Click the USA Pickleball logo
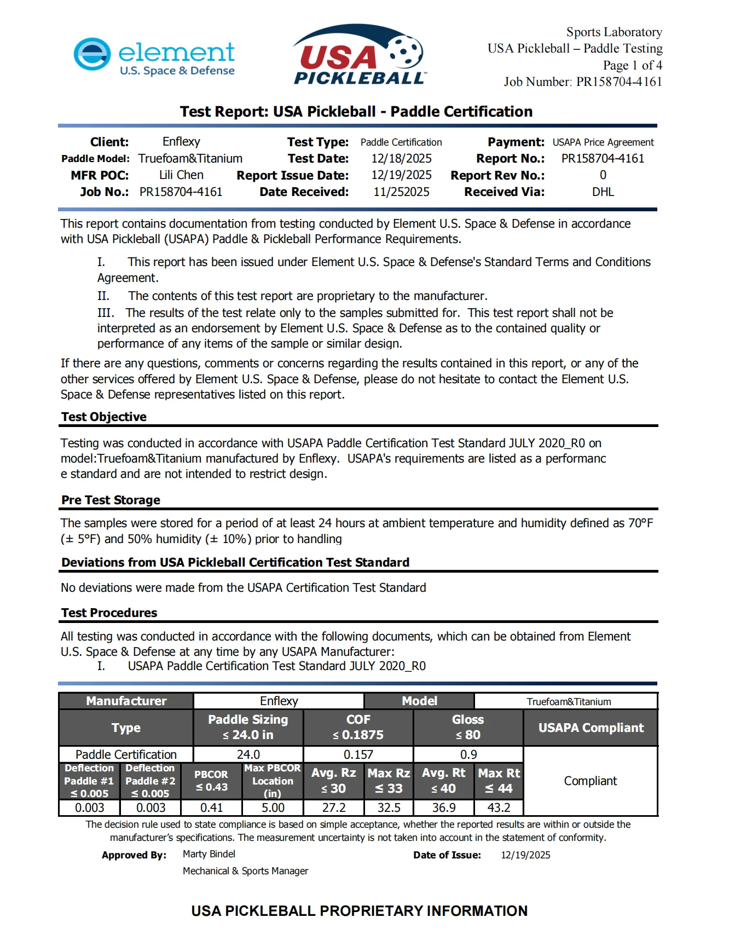pos(359,55)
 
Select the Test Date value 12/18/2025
pos(401,159)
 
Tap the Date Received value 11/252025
pos(401,192)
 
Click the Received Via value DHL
pos(603,192)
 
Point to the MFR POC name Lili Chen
pos(181,175)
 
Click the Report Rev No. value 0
pos(603,175)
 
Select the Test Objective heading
pos(104,417)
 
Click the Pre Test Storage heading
pos(111,500)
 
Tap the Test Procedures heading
pos(109,613)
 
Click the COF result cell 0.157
pos(358,754)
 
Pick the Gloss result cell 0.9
pos(468,754)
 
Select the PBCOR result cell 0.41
pos(211,807)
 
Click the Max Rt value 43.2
pos(499,807)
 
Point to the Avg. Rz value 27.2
pos(334,807)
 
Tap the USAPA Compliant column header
pos(591,728)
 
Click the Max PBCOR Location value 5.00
pos(273,807)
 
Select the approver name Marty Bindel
pos(209,854)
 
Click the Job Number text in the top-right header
pos(583,82)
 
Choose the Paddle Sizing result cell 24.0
pos(248,754)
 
